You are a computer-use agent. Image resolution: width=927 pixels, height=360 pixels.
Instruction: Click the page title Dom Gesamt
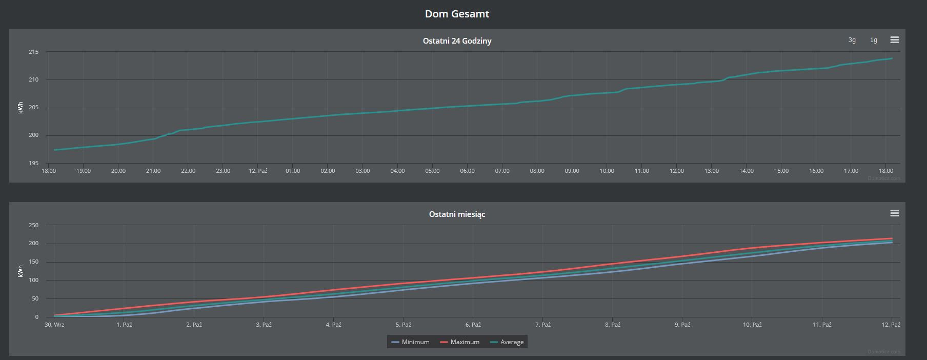coord(457,14)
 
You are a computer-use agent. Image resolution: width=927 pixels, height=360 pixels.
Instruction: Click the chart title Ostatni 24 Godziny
coord(457,41)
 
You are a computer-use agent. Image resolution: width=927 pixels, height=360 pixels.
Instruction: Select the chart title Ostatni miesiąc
coord(457,214)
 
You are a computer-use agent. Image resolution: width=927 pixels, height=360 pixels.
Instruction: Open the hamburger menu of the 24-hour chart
coord(894,40)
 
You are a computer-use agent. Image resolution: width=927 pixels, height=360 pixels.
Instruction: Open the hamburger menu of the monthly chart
coord(894,213)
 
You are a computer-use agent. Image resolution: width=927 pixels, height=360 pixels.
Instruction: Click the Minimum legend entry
coord(410,342)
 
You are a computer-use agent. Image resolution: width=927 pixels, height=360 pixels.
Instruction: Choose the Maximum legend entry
coord(459,342)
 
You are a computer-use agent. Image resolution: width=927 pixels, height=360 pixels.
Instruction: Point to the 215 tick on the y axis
coord(33,52)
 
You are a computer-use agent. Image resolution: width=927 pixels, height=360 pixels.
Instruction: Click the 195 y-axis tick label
coord(33,163)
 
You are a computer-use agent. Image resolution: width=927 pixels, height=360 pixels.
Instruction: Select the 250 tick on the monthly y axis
coord(33,225)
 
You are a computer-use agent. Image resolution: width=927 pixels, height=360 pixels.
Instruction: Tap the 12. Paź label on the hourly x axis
coord(258,171)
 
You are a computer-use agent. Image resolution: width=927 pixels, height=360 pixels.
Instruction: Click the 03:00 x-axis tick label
coord(362,171)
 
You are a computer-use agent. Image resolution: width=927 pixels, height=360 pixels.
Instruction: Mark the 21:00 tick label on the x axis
coord(153,171)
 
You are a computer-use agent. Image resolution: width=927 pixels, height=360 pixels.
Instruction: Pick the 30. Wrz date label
coord(54,325)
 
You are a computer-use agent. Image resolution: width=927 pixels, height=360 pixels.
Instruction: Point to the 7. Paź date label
coord(543,325)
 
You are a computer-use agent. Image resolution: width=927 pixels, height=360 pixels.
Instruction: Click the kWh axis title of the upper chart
coord(21,108)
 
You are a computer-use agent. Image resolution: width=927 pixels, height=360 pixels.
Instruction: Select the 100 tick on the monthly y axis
coord(33,280)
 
